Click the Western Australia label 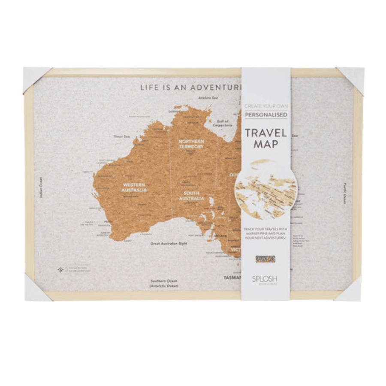pos(134,187)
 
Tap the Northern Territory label pos(191,144)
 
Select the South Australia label pos(191,196)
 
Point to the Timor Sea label pos(118,136)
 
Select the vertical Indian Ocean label pos(41,188)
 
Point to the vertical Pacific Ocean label pos(344,194)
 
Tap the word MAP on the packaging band pos(266,145)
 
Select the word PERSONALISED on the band pos(266,115)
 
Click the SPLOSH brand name pos(265,279)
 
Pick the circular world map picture pos(266,189)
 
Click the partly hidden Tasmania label pos(232,277)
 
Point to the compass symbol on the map pos(61,270)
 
